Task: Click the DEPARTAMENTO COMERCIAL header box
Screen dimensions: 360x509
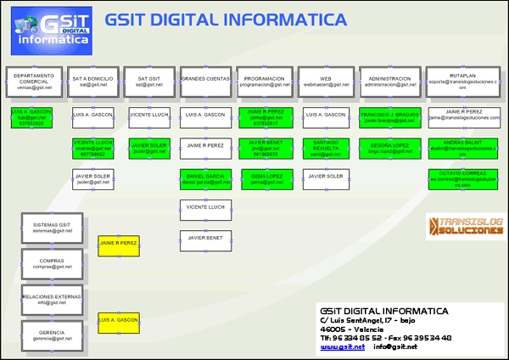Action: tap(35, 82)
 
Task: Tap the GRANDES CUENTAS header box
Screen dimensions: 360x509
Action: tap(205, 82)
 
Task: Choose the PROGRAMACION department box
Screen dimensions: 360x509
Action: tap(260, 82)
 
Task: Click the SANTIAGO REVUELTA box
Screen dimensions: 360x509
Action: tap(326, 148)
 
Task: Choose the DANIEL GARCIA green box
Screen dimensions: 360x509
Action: tap(205, 179)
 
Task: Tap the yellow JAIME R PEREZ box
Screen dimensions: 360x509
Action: tap(119, 245)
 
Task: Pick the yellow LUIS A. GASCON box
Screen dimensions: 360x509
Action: tap(119, 323)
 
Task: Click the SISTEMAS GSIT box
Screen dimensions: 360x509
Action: tap(47, 227)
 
